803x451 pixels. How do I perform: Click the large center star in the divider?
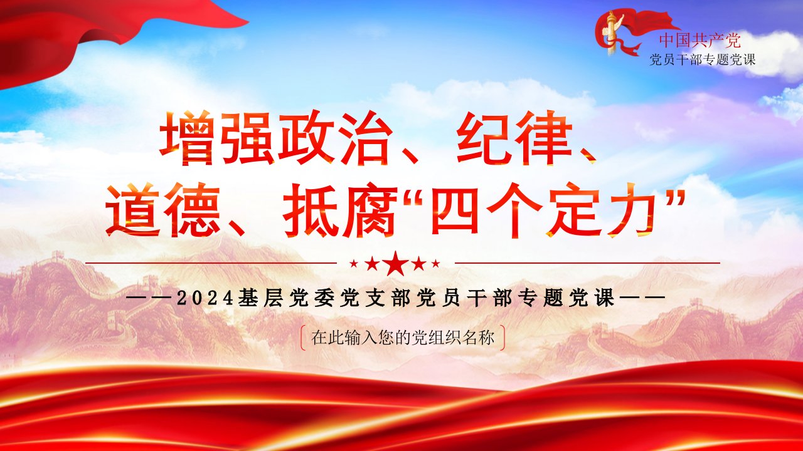point(395,264)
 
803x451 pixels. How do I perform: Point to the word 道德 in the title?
point(162,210)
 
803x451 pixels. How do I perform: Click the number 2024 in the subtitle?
point(205,299)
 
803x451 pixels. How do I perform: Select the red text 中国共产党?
point(699,40)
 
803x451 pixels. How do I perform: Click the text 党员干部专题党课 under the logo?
point(702,60)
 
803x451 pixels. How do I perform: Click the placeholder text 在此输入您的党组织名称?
point(403,338)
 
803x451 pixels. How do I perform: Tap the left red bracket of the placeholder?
point(303,338)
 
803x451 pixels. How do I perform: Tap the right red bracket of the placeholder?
point(503,338)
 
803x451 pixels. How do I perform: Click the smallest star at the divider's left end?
point(354,264)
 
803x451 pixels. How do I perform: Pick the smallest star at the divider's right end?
point(435,264)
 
